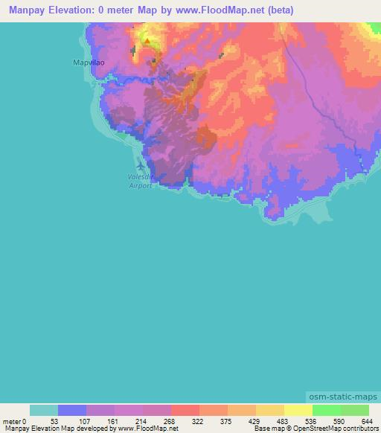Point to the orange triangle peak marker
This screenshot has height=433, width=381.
click(x=147, y=42)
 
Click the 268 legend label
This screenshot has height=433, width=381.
click(x=170, y=421)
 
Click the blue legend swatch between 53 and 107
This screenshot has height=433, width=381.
click(x=72, y=410)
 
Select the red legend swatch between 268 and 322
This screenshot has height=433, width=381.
click(x=185, y=410)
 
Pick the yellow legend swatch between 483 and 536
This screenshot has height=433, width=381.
click(x=298, y=410)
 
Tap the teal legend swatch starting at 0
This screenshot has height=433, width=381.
click(x=44, y=410)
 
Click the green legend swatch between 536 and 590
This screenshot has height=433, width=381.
click(x=326, y=410)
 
